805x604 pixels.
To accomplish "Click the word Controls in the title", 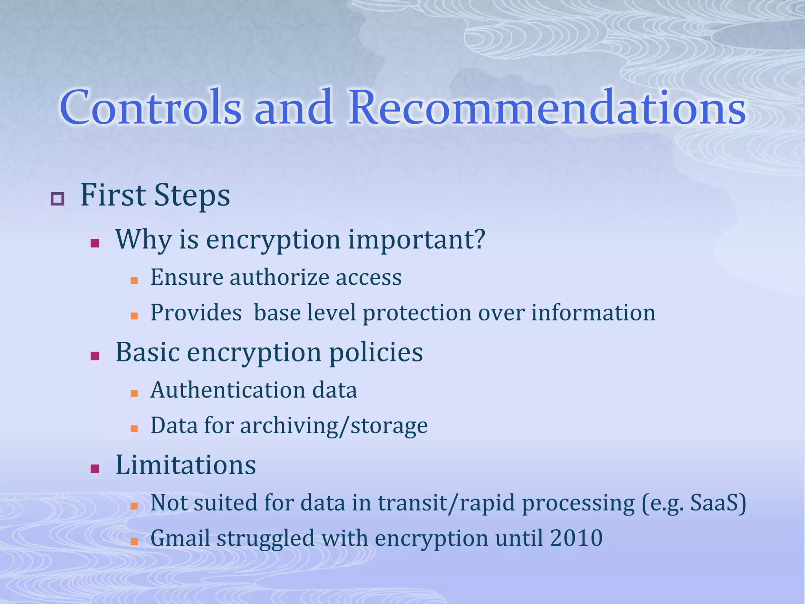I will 151,107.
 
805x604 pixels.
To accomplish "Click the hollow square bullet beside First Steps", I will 57,199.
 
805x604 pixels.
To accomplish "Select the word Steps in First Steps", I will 192,195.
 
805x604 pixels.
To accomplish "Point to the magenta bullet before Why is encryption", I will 95,243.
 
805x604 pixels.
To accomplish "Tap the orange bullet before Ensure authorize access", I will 134,281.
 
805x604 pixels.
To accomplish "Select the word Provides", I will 196,313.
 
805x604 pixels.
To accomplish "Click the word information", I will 593,313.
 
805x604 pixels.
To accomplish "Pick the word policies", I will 376,352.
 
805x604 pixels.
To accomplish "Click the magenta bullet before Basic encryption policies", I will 95,356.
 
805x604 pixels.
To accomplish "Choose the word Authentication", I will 228,390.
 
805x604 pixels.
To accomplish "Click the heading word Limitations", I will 186,465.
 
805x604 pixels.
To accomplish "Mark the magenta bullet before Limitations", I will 95,469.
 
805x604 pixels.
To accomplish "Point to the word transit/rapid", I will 446,503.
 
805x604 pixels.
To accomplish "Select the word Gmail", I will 180,538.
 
